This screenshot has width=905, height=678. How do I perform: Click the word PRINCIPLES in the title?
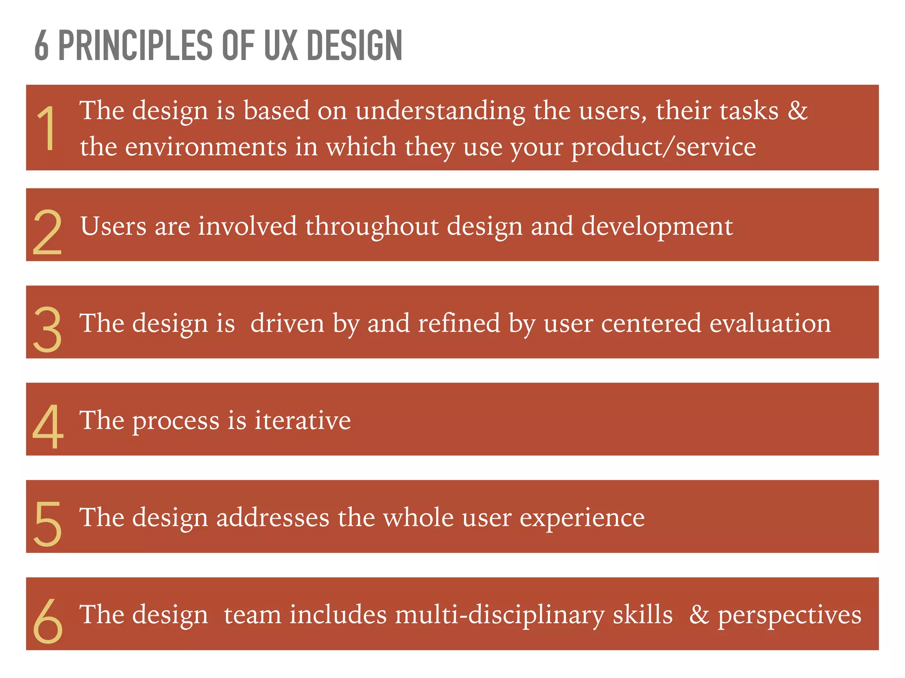coord(135,45)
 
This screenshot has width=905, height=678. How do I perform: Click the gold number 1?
coord(46,128)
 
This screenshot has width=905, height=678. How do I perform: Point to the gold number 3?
coord(47,329)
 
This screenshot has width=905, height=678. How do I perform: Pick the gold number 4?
coord(48,426)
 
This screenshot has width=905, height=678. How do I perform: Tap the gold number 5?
coord(47,524)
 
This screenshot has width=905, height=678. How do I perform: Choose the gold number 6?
coord(48,621)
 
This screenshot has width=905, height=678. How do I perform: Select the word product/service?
coord(663,147)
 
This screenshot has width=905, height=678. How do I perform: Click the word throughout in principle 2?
coord(371,227)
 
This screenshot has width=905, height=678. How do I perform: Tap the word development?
coord(657,227)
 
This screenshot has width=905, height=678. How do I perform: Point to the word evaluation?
coord(770,323)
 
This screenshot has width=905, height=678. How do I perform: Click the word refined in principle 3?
coord(459,323)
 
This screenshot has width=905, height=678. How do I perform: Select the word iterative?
coord(303,420)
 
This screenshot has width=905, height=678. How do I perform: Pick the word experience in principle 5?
coord(582,518)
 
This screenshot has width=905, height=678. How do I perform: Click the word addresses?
coord(273,518)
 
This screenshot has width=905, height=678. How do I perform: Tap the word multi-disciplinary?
coord(499,615)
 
